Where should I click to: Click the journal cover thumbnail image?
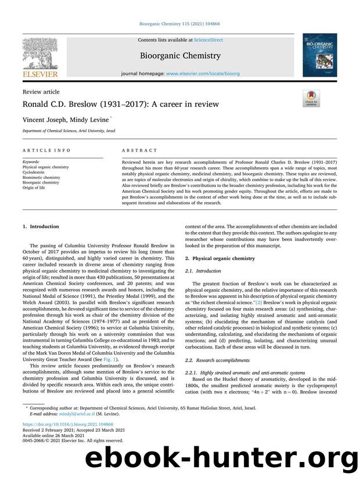319,55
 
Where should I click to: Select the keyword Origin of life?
34,187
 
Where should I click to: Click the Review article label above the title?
41,92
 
